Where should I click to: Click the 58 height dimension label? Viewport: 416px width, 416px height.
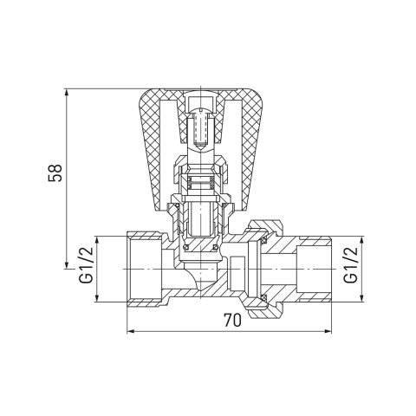point(55,172)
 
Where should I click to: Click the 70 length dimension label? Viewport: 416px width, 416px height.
point(232,321)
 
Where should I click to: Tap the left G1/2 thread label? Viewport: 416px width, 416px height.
point(86,265)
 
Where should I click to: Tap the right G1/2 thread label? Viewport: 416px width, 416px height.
point(350,265)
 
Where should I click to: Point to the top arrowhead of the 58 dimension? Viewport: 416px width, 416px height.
point(67,92)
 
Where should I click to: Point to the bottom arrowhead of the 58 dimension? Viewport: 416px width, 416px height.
point(67,265)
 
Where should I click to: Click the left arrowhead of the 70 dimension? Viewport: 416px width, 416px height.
point(131,331)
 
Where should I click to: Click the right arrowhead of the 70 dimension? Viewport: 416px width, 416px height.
point(328,331)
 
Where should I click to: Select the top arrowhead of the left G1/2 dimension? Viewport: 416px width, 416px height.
point(97,240)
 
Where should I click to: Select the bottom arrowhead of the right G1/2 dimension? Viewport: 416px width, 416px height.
point(362,298)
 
